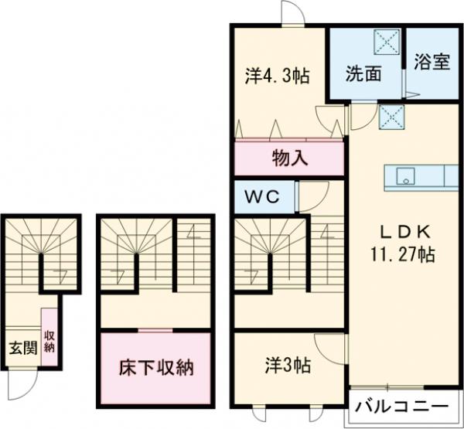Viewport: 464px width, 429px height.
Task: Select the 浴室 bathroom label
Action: click(432, 62)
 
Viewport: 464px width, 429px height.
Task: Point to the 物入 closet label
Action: click(291, 159)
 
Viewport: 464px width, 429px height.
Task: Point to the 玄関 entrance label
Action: click(22, 347)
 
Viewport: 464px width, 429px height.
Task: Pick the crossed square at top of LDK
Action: click(389, 117)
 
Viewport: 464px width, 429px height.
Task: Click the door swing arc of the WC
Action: click(310, 197)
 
